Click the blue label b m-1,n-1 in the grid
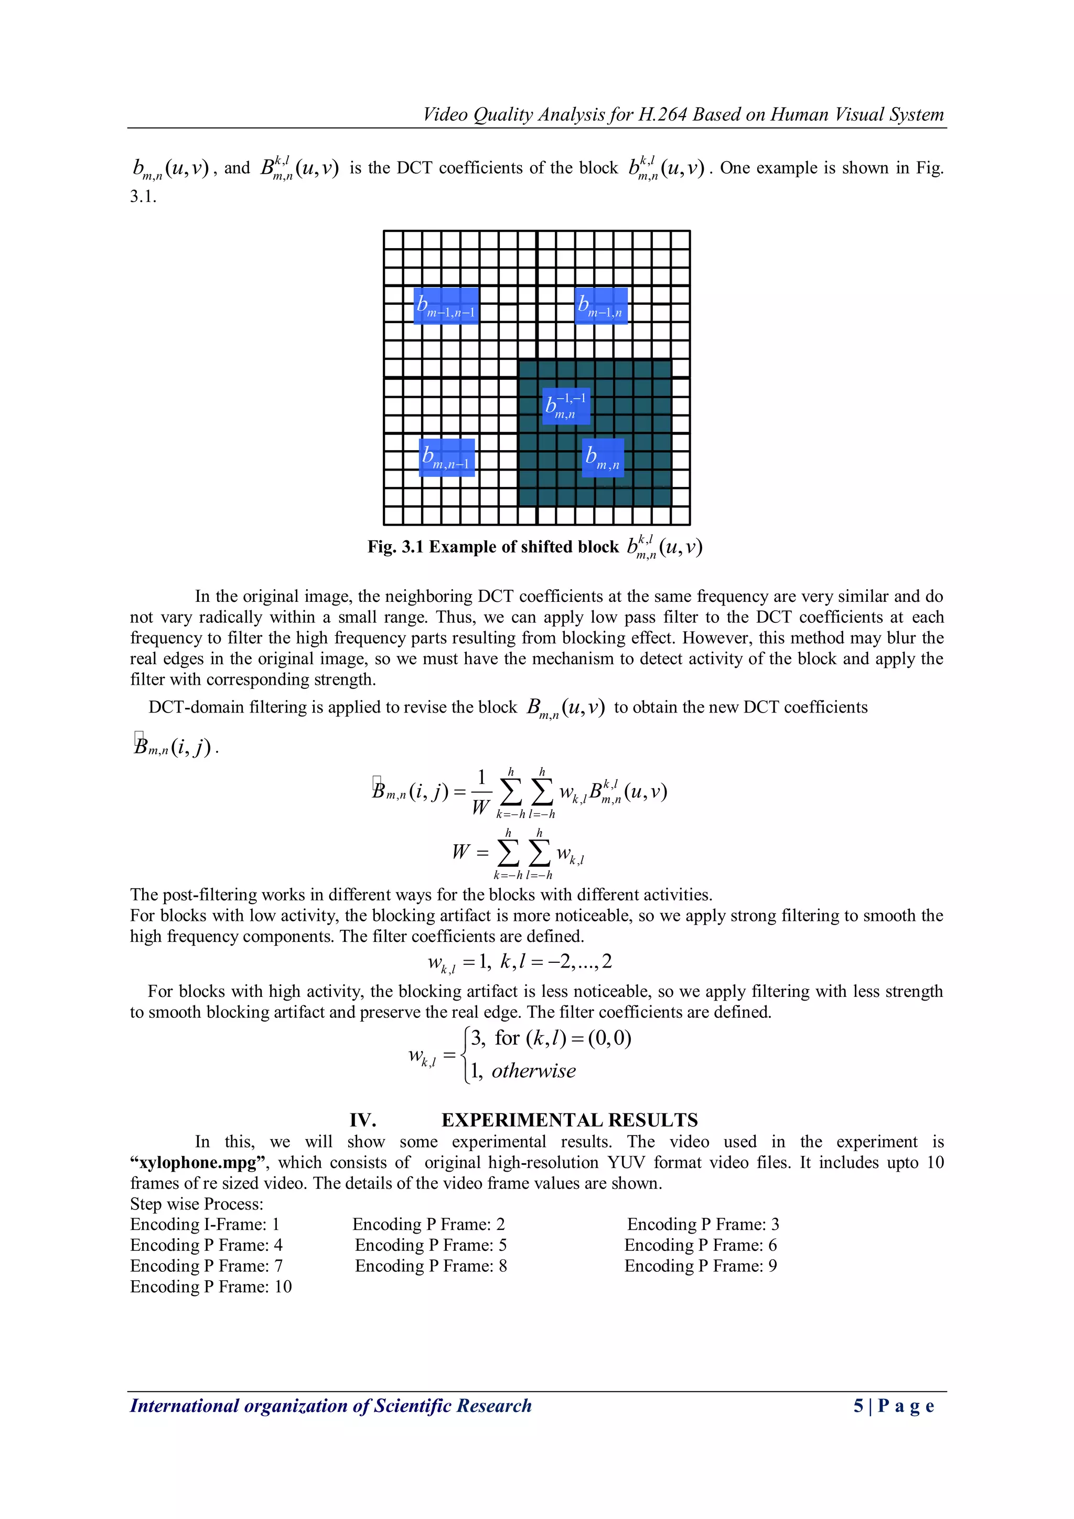(446, 306)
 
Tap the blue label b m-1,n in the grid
(600, 306)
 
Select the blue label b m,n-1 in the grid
(447, 457)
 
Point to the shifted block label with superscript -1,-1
(565, 406)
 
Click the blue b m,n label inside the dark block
(603, 457)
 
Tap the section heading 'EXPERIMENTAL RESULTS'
(570, 1120)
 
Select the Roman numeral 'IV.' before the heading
(362, 1120)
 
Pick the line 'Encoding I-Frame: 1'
(205, 1225)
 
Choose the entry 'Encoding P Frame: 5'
(431, 1245)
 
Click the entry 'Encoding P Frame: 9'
(700, 1266)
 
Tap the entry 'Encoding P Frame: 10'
(211, 1286)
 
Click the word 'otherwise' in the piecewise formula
(533, 1071)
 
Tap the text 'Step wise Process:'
(197, 1204)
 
